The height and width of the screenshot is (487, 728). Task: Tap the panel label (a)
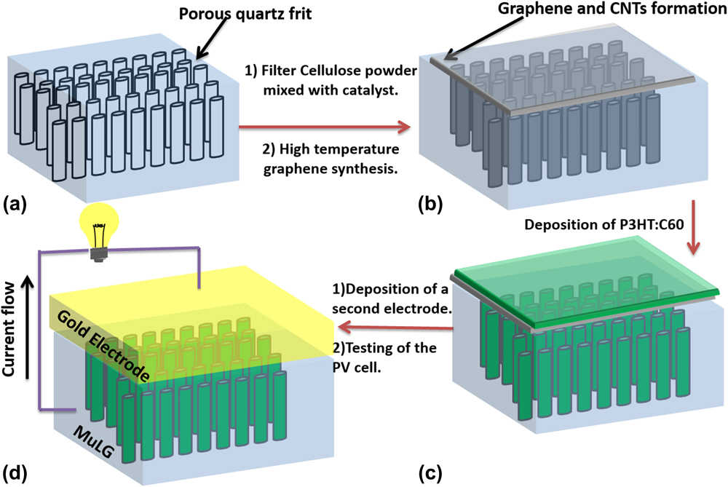[17, 205]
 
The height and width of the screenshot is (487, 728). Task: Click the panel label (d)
[17, 470]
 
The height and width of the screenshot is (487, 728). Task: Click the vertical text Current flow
[11, 335]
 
